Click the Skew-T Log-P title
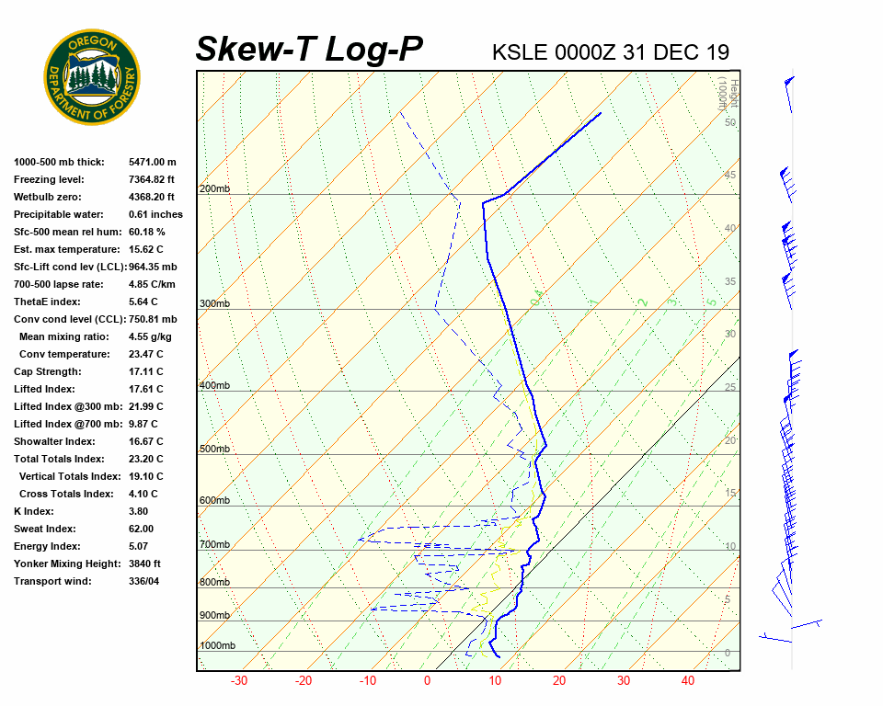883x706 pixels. (309, 49)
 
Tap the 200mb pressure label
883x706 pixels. (213, 189)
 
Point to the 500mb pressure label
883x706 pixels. (213, 450)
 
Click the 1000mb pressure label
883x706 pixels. (217, 646)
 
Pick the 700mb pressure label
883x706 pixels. (213, 545)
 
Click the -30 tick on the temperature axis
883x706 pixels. (239, 681)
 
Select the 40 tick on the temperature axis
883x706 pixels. (688, 681)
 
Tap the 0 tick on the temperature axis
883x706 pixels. (427, 681)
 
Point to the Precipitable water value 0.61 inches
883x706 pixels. (155, 214)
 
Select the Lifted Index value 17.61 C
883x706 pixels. (145, 389)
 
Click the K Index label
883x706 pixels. (33, 511)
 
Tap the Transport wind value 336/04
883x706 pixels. (144, 581)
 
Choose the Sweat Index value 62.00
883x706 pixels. (141, 529)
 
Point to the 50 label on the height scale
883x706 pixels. (729, 122)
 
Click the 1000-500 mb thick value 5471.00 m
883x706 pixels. (153, 162)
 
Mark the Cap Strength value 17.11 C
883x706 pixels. (145, 371)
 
